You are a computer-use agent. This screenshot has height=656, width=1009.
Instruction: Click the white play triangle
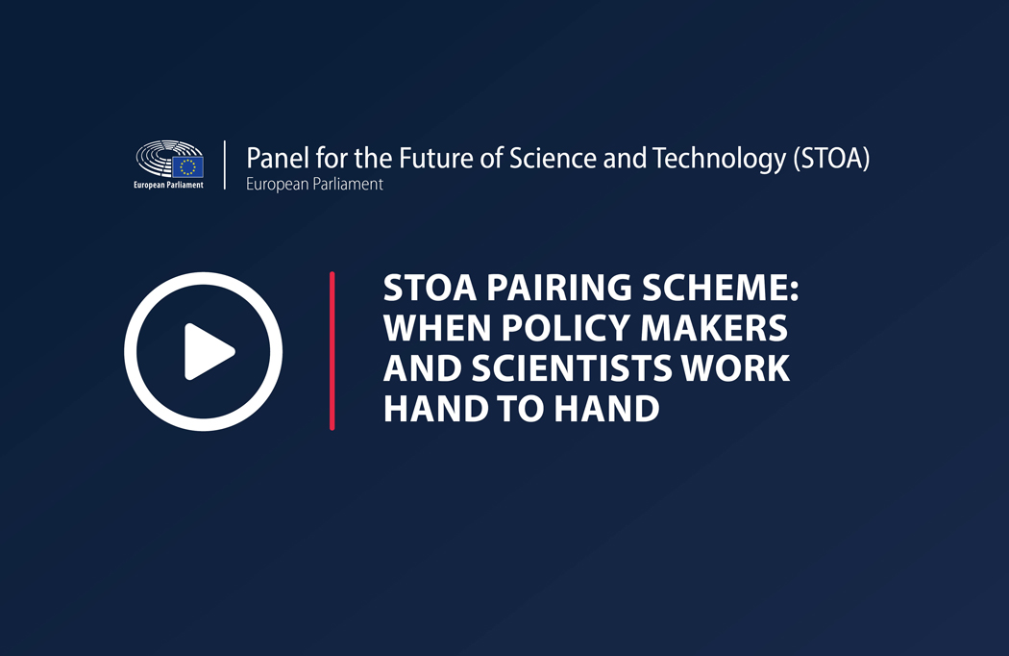(x=208, y=352)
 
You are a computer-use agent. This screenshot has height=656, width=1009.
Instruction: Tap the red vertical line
(x=332, y=350)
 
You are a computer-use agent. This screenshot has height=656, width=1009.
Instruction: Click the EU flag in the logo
(x=187, y=167)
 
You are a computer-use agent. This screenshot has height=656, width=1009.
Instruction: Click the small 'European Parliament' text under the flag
(x=168, y=185)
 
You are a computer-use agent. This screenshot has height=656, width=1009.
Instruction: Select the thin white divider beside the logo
(x=225, y=165)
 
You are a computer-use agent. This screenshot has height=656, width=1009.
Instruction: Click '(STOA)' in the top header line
(x=831, y=159)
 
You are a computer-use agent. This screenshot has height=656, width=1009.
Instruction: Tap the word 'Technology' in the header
(x=719, y=159)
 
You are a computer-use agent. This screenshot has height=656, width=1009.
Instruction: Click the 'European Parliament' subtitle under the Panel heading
(x=314, y=185)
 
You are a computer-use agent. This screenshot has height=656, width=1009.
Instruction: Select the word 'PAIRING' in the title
(x=559, y=288)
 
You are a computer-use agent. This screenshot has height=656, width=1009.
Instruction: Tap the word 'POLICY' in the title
(x=566, y=327)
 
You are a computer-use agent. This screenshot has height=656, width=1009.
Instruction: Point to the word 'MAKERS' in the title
(x=714, y=327)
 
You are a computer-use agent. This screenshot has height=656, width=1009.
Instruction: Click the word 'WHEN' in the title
(x=437, y=327)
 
